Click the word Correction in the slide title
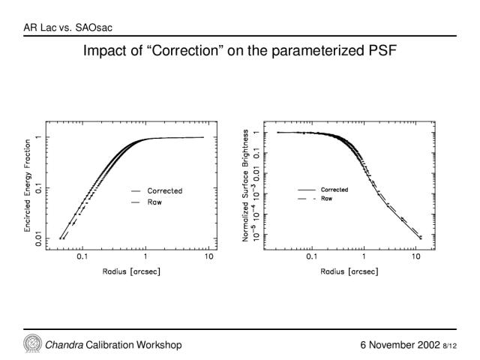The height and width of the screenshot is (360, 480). [185, 50]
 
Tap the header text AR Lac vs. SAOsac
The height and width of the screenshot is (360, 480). [68, 28]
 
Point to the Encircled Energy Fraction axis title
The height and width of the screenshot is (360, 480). [28, 185]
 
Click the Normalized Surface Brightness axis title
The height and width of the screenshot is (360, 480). [245, 185]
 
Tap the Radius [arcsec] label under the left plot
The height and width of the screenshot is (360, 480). [131, 271]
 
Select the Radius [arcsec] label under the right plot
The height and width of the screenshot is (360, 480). [349, 271]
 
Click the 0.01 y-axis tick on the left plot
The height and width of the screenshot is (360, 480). [38, 238]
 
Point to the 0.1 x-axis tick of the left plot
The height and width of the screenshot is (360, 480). [82, 256]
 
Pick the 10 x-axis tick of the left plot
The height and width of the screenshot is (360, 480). [208, 256]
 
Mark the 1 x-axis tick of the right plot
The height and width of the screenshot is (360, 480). [364, 256]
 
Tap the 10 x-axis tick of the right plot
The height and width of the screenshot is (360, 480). [415, 256]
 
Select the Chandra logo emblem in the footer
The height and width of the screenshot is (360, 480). [33, 343]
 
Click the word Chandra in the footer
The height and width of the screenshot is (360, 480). [64, 345]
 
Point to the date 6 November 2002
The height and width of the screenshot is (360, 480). [400, 345]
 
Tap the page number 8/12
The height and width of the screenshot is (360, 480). [450, 346]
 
